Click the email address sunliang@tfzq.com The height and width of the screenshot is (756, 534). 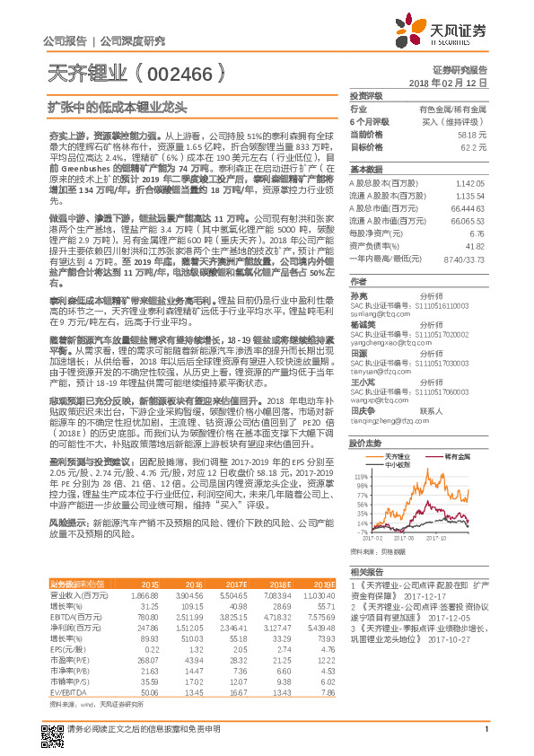click(x=373, y=316)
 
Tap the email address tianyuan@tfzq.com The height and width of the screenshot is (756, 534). click(x=374, y=371)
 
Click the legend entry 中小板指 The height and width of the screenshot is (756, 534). click(x=396, y=464)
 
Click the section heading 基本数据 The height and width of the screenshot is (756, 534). click(x=366, y=169)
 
